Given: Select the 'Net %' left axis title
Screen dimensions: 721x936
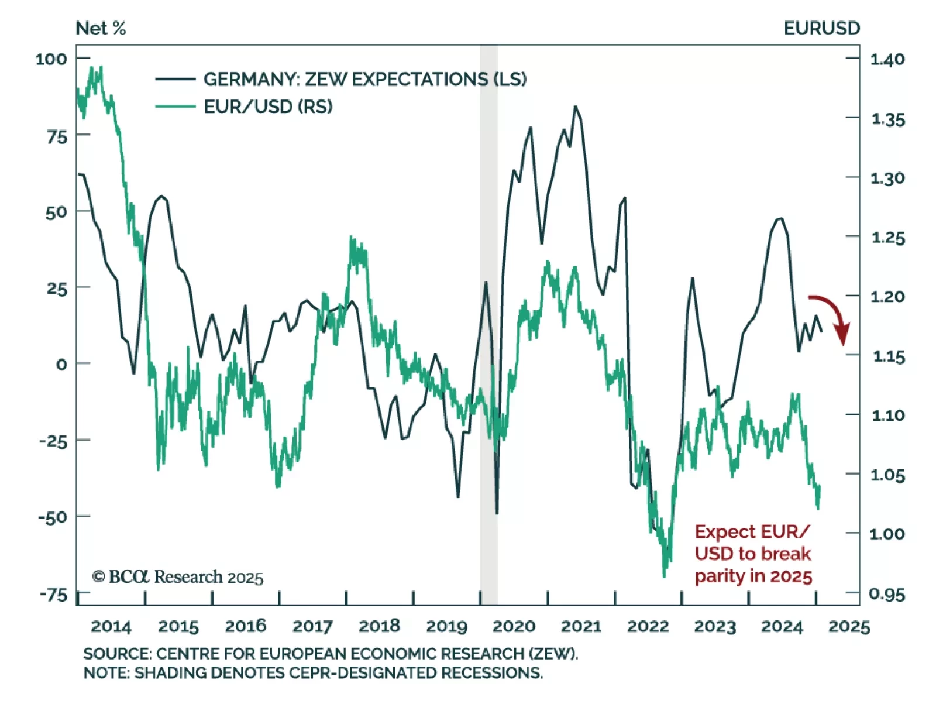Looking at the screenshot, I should [101, 28].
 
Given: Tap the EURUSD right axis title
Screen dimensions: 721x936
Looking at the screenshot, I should [821, 28].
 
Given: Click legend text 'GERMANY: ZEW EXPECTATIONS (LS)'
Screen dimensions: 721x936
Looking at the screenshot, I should [364, 79].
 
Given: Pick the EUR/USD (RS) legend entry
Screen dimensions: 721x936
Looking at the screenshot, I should [268, 107].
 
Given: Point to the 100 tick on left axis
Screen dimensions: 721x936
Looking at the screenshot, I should [51, 59].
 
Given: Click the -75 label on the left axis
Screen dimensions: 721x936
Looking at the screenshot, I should [54, 595].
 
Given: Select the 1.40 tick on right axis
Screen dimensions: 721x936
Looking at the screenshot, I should [887, 59].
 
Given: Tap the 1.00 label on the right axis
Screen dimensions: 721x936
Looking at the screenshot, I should [887, 534].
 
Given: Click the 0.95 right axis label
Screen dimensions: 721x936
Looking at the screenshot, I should [887, 595].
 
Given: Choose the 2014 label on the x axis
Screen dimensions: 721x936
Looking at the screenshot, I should [111, 626].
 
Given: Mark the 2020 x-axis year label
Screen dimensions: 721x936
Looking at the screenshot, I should [514, 626].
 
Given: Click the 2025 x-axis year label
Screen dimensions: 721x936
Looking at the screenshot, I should [849, 626].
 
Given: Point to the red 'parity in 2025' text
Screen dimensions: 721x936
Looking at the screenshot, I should [753, 576].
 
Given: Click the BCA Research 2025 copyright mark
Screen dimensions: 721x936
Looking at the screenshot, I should [177, 577].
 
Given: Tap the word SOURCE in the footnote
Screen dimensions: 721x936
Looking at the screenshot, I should [116, 654].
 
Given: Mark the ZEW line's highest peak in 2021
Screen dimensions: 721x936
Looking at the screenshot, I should [575, 107].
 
